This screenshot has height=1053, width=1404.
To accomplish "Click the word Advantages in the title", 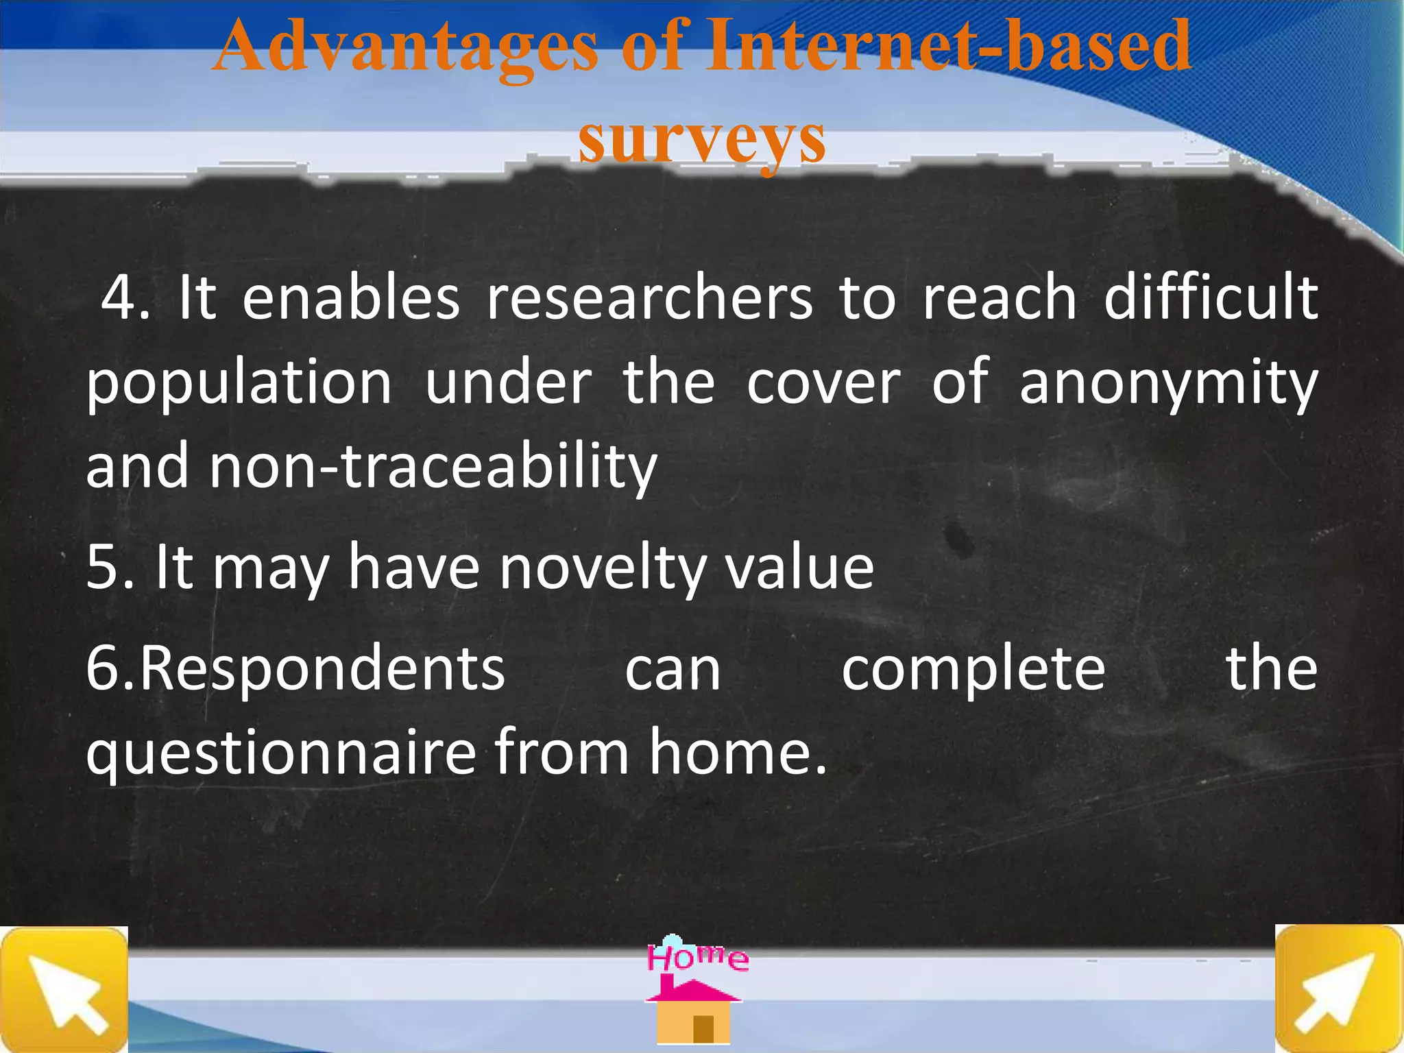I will pyautogui.click(x=404, y=47).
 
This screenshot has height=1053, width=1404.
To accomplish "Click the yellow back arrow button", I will pyautogui.click(x=64, y=989).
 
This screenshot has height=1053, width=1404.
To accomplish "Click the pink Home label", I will pyautogui.click(x=697, y=957).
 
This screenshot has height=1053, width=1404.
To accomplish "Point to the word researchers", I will pyautogui.click(x=649, y=298).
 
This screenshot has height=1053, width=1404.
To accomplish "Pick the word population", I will pyautogui.click(x=239, y=384).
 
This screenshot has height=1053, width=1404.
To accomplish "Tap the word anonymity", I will pyautogui.click(x=1167, y=384).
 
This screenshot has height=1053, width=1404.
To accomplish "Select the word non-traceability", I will pyautogui.click(x=433, y=467).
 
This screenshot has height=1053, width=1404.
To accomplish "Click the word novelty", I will pyautogui.click(x=602, y=568).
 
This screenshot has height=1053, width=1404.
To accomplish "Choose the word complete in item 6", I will pyautogui.click(x=973, y=670).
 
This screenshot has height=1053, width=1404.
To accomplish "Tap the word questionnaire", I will pyautogui.click(x=281, y=753).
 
